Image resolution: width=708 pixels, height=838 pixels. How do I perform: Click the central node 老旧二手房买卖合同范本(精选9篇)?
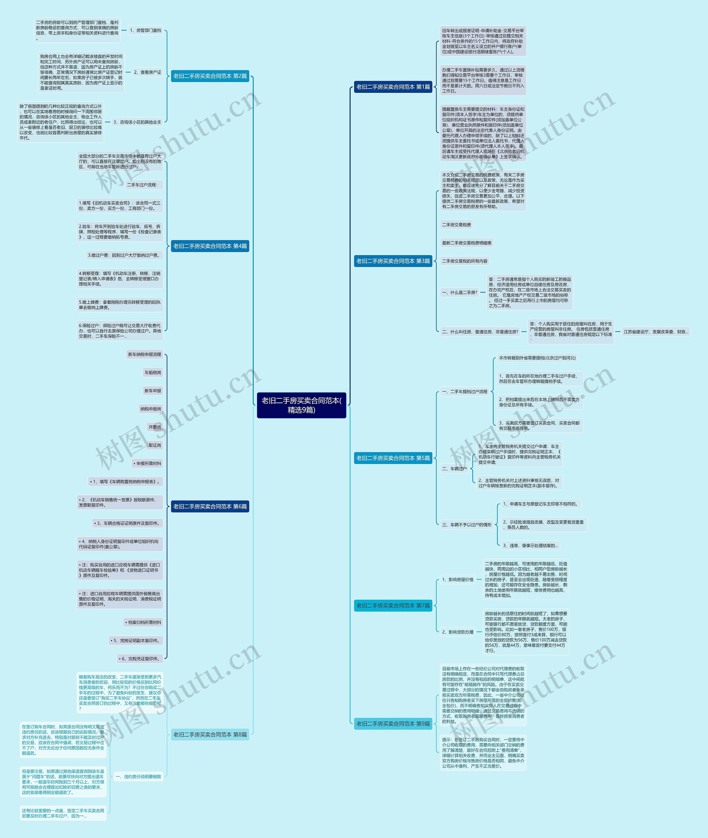coord(301,405)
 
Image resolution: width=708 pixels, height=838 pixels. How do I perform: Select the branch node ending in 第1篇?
coord(393,87)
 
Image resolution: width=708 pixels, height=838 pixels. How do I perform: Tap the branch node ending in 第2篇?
coord(210,76)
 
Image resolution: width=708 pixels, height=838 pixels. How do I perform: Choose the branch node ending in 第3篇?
coord(393,261)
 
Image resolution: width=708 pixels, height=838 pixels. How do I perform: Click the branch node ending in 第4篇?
coord(210,246)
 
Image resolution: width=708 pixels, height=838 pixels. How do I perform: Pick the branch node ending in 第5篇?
coord(393,458)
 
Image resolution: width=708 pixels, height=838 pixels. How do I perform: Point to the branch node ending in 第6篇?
coord(210,507)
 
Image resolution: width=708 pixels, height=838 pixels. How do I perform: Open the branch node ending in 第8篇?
coord(210,735)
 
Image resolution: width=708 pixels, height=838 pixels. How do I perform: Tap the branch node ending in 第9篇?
coord(393,724)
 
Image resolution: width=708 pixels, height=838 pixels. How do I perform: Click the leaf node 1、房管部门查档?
coord(145,30)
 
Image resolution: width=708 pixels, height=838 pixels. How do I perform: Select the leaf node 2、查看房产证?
coord(147,72)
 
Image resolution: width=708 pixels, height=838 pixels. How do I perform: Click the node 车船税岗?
coord(153,373)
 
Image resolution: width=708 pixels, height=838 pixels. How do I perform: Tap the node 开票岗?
coord(155,427)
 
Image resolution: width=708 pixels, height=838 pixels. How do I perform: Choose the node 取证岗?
coord(155,445)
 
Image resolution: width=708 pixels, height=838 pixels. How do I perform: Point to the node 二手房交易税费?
coord(456,225)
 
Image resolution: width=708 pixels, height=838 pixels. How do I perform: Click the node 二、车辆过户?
coord(454,468)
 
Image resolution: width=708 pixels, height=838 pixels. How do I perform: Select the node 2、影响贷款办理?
coord(457,632)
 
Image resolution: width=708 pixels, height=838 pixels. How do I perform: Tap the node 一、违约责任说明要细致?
coord(139,777)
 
